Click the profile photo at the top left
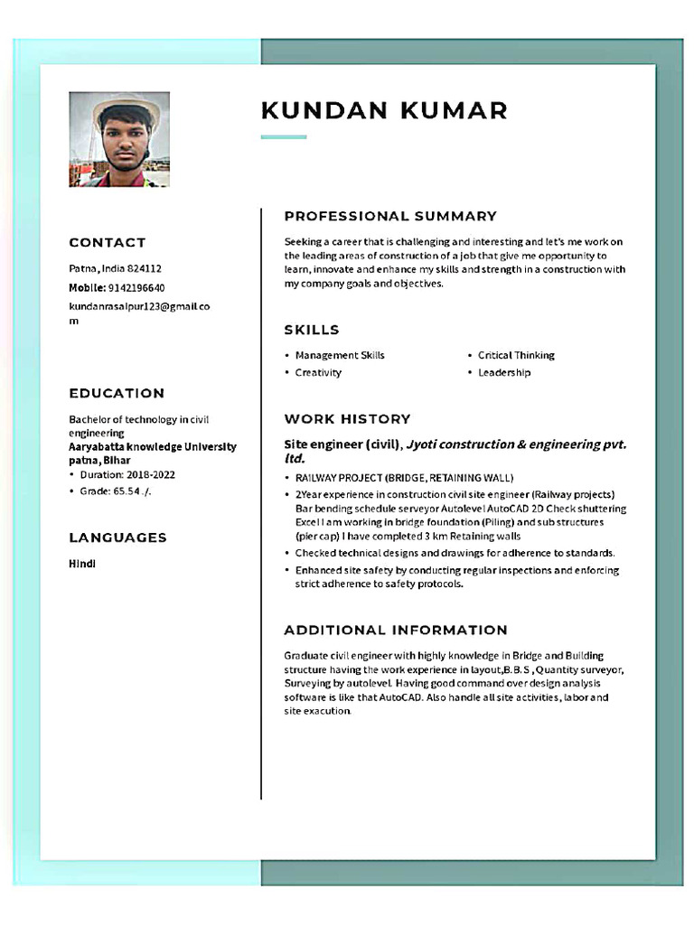pos(119,139)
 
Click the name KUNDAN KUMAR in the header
pos(384,110)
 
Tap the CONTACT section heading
pos(108,242)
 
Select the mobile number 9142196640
pos(136,287)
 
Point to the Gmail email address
pos(139,313)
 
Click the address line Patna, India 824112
pos(116,268)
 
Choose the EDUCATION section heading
pos(117,393)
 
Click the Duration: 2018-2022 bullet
pos(127,474)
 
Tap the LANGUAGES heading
pos(118,537)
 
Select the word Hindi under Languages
pos(82,563)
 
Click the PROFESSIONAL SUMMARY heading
pos(390,216)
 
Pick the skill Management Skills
pos(340,355)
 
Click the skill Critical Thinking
pos(516,355)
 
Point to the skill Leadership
pos(504,372)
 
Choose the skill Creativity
pos(318,372)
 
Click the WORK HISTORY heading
pos(347,419)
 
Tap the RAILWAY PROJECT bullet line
pos(404,477)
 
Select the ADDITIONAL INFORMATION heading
pos(396,630)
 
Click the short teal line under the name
pos(284,137)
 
